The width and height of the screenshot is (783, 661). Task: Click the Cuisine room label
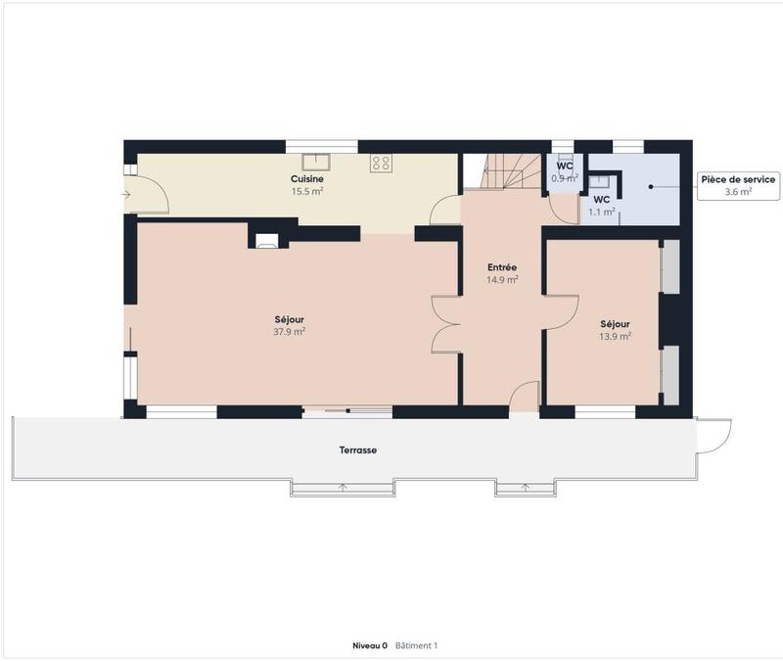click(x=307, y=179)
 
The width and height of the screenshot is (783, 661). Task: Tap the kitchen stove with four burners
click(x=381, y=164)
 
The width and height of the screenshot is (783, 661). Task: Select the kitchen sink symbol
click(x=315, y=162)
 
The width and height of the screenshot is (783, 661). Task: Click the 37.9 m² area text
click(x=289, y=332)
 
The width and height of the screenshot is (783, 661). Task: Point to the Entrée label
click(x=502, y=267)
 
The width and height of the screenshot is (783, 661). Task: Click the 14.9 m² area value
click(x=502, y=280)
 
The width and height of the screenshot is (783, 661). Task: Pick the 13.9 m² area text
click(x=615, y=336)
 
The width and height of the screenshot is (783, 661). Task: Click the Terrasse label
click(x=359, y=450)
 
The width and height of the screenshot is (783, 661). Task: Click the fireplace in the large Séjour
click(x=266, y=240)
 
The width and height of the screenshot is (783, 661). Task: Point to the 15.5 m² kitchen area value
click(x=307, y=192)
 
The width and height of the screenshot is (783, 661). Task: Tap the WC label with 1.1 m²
click(x=601, y=199)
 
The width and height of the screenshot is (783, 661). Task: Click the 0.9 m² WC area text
click(x=565, y=179)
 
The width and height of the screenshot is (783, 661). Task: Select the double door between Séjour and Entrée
click(x=446, y=324)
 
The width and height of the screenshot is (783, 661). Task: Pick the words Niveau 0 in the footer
click(x=370, y=646)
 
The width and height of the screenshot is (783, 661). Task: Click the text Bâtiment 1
click(x=416, y=646)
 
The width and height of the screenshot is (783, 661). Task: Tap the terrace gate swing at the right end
click(x=714, y=436)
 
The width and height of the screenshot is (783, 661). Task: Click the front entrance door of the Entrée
click(x=525, y=396)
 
